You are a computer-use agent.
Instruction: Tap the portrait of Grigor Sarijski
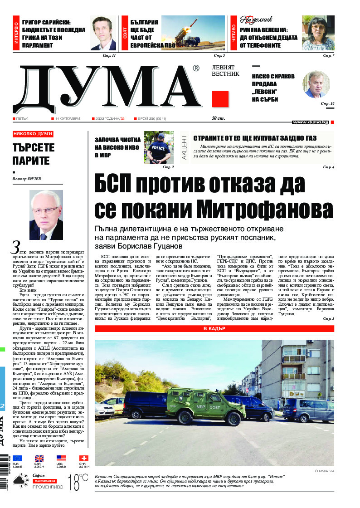click(x=103, y=33)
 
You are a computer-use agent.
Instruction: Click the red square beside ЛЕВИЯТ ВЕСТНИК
click(x=220, y=99)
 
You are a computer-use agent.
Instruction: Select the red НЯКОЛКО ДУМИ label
click(x=33, y=134)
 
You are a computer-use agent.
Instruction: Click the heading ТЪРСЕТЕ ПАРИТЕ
click(x=34, y=154)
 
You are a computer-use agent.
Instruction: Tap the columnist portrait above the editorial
click(x=46, y=215)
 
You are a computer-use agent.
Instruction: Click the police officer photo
click(x=159, y=147)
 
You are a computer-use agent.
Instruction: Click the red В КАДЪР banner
click(x=214, y=328)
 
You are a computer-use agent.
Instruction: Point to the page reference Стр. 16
click(x=327, y=104)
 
